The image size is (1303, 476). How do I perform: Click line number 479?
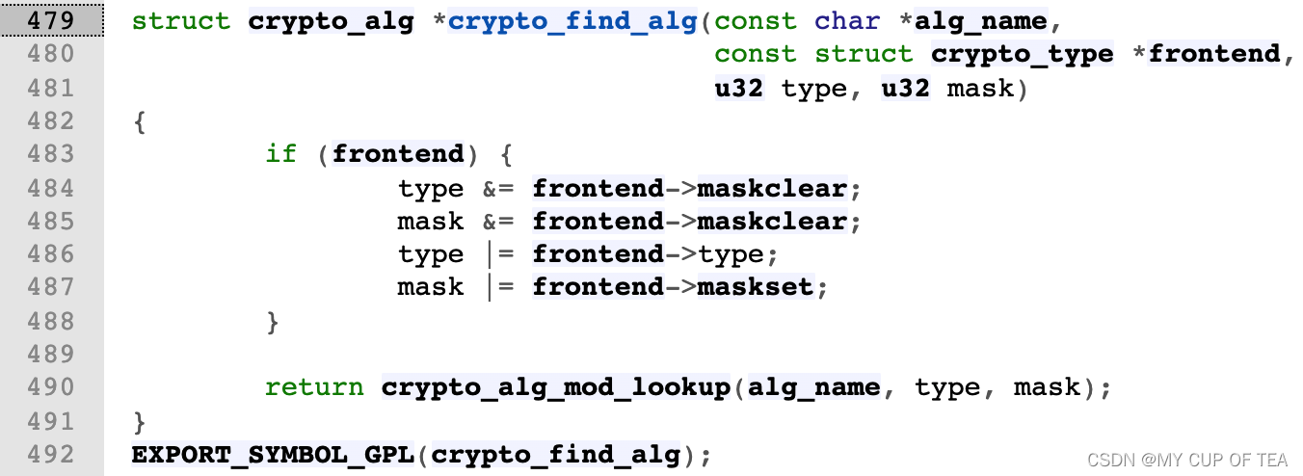click(x=51, y=21)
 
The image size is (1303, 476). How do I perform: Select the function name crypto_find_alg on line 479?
click(x=572, y=21)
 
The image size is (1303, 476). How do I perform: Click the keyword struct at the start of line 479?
click(x=181, y=21)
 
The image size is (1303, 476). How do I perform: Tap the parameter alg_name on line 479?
click(x=979, y=21)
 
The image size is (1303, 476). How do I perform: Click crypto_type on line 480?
click(x=1022, y=54)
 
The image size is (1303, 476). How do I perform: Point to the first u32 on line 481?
click(x=738, y=88)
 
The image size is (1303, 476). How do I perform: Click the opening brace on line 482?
click(x=140, y=121)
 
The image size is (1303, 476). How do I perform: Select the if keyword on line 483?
click(x=280, y=154)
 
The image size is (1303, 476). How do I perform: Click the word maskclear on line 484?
click(x=771, y=188)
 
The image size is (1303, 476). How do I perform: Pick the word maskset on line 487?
click(x=756, y=287)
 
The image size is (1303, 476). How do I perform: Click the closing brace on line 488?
click(x=273, y=321)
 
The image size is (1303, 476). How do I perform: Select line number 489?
click(x=51, y=354)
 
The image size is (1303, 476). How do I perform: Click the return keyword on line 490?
click(x=314, y=387)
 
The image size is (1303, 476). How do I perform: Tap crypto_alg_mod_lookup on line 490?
click(x=556, y=387)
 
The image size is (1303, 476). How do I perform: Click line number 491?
click(x=51, y=421)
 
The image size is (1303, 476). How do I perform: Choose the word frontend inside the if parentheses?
click(x=398, y=154)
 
